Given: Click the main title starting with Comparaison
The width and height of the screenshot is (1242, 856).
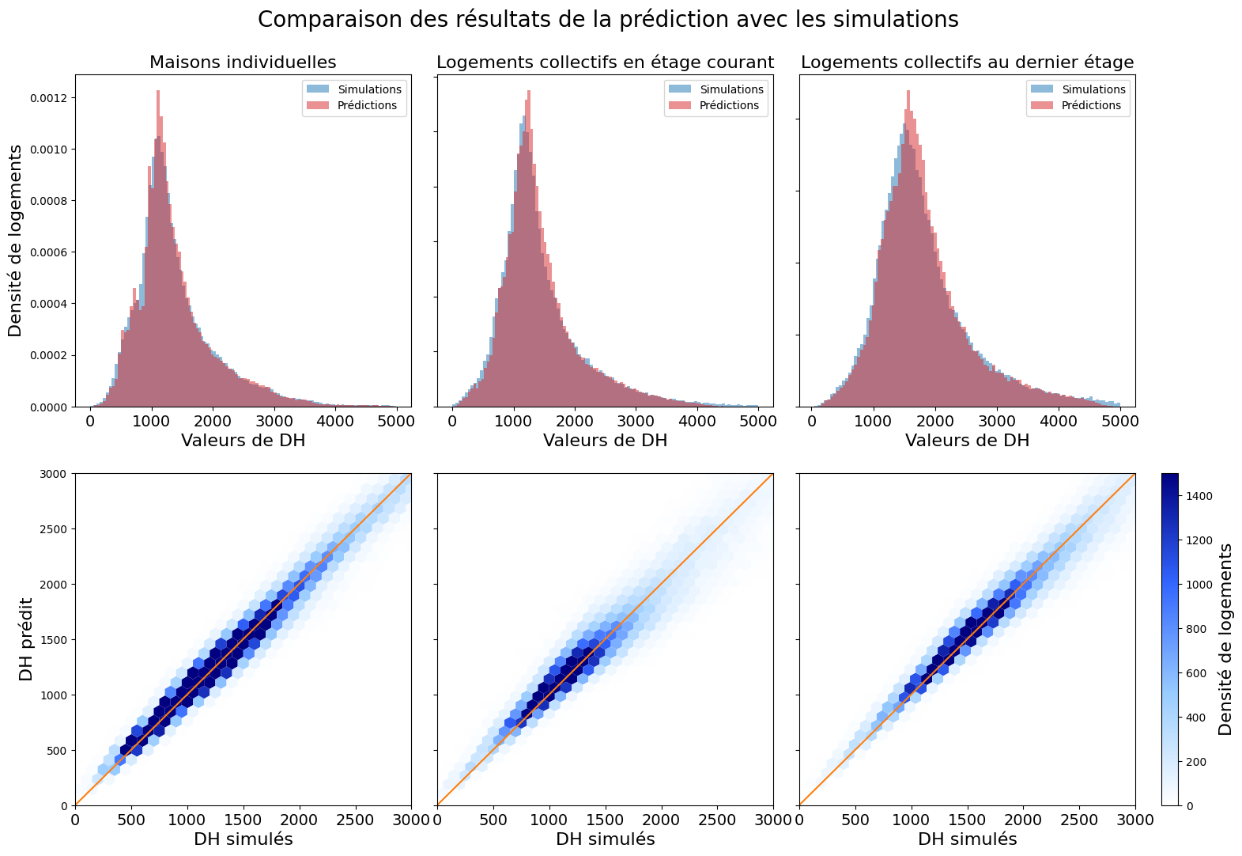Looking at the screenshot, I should [x=608, y=20].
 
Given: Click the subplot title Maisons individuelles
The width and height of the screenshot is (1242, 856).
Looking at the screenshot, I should [x=243, y=62].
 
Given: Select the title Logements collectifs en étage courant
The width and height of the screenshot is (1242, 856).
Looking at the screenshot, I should [x=605, y=62].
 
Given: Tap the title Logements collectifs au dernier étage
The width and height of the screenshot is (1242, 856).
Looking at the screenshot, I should [x=967, y=62].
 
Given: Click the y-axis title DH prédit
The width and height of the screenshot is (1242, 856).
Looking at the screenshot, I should [x=27, y=639].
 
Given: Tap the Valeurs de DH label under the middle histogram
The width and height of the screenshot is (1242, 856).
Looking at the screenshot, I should [x=605, y=441].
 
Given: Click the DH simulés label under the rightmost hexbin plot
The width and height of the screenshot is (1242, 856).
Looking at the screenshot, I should [x=967, y=839].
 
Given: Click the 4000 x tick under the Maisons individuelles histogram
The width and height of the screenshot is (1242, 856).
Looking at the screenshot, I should [x=335, y=422].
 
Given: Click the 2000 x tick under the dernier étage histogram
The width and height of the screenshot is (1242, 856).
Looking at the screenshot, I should [x=935, y=422].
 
